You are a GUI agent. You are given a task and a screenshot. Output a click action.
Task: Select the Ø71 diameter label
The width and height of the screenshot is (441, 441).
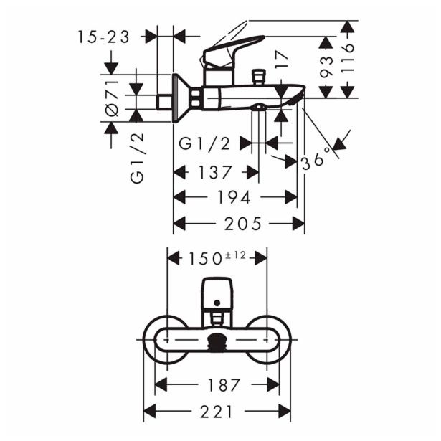113,100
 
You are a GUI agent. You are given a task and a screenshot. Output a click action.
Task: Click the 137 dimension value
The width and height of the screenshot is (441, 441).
216,173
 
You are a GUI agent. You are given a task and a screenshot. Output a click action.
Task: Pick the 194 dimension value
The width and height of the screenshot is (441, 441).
234,197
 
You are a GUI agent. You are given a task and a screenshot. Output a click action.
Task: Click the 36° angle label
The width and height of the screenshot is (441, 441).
316,158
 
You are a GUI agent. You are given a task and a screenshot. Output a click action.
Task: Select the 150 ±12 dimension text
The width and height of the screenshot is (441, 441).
217,257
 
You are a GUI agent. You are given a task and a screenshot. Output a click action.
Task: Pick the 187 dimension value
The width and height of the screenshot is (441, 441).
217,384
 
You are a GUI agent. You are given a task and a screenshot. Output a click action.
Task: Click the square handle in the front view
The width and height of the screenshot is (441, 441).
217,291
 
